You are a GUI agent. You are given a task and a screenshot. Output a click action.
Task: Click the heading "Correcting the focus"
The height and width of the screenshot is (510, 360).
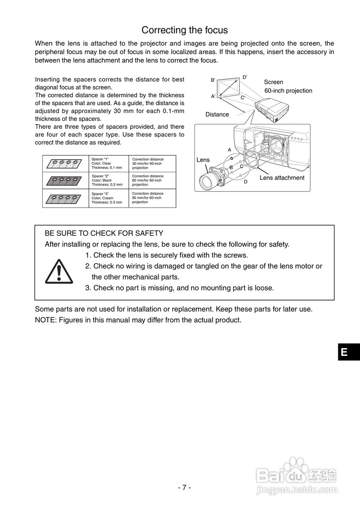coord(184,30)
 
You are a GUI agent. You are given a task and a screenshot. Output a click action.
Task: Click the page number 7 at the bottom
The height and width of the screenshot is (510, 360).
coord(184,487)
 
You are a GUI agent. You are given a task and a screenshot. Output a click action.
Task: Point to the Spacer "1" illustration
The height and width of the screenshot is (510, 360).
coord(65,163)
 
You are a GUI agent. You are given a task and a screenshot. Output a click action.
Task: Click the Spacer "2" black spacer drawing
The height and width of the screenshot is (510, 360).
coord(65,180)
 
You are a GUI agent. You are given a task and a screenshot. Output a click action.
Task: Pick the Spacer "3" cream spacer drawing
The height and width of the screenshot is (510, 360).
coord(65,198)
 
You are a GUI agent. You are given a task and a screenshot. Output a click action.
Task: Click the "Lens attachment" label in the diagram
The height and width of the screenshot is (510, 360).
coord(282,178)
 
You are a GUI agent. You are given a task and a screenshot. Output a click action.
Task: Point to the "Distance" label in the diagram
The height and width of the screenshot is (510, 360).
coord(217,114)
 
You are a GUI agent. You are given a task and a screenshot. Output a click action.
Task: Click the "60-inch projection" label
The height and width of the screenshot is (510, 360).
coord(288,91)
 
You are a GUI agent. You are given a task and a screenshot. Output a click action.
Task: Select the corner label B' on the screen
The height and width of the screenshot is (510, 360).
coord(213,80)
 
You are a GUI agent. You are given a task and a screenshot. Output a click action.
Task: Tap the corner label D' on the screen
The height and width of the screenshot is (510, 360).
coord(245,77)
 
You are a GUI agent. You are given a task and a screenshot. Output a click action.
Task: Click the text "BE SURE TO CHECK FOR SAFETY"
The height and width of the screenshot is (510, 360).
coord(104,233)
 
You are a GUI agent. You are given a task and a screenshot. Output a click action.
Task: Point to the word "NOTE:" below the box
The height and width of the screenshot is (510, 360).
coord(46,320)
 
